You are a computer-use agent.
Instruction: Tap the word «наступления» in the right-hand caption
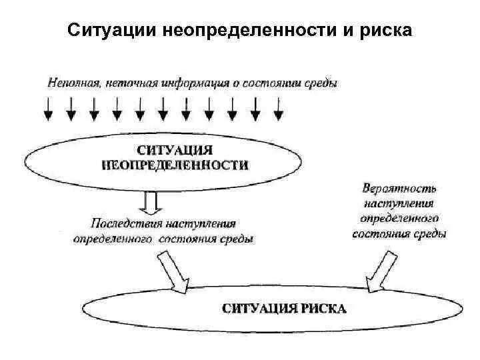click(x=399, y=203)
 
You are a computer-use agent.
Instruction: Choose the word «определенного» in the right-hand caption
click(x=399, y=219)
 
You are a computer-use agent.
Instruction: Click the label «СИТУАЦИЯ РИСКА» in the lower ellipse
click(x=283, y=309)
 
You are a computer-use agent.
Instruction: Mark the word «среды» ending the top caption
click(x=322, y=83)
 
